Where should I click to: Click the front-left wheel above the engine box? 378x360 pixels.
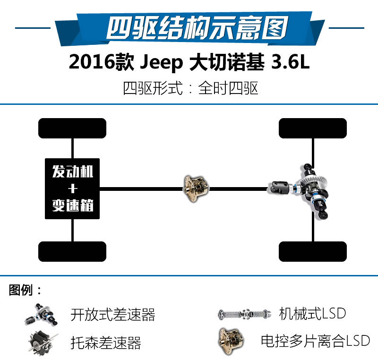(x=72, y=128)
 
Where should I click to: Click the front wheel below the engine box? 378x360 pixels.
(x=72, y=251)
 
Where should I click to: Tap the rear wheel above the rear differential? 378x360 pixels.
(x=313, y=128)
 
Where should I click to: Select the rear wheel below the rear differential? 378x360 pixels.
(x=313, y=251)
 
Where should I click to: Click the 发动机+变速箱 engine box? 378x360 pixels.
(x=72, y=189)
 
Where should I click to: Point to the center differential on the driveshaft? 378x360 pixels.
(x=196, y=189)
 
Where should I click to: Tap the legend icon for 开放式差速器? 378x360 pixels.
(x=41, y=315)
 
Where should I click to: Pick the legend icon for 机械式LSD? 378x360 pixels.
(x=244, y=314)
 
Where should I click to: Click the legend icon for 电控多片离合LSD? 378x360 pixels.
(x=231, y=341)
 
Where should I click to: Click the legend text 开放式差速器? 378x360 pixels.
(x=113, y=315)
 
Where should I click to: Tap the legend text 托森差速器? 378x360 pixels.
(x=105, y=343)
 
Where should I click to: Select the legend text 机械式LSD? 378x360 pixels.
(x=312, y=314)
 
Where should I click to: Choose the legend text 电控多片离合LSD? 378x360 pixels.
(x=315, y=341)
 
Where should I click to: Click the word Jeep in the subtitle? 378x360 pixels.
(x=162, y=62)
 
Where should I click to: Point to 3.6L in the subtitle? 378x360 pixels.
(x=290, y=62)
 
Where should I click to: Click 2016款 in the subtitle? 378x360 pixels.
(x=101, y=62)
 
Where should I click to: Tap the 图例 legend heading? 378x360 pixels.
(x=21, y=290)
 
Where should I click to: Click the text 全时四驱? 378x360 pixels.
(x=228, y=88)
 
